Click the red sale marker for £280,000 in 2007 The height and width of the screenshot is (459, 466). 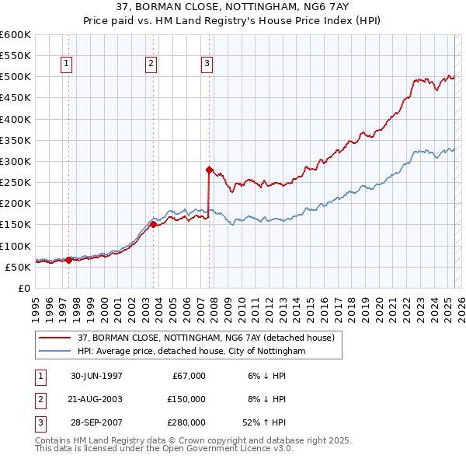[x=209, y=169]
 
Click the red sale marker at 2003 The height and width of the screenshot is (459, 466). [x=153, y=224]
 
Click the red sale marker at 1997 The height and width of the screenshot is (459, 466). [x=68, y=260]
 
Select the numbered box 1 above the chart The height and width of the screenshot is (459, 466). [x=67, y=65]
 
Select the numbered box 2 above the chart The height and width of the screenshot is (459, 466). [x=151, y=65]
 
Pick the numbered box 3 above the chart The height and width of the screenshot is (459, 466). [x=207, y=65]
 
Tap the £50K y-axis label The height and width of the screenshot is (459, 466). [x=18, y=267]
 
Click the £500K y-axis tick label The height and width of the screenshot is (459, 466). [x=15, y=77]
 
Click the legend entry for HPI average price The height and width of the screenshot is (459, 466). [x=191, y=352]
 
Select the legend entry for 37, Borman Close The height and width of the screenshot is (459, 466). [x=206, y=338]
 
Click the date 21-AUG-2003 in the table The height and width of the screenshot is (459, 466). [x=96, y=399]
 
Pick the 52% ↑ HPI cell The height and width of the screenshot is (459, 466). [x=265, y=423]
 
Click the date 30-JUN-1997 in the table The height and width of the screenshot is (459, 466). [x=96, y=376]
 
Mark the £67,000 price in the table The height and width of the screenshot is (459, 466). [x=186, y=376]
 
